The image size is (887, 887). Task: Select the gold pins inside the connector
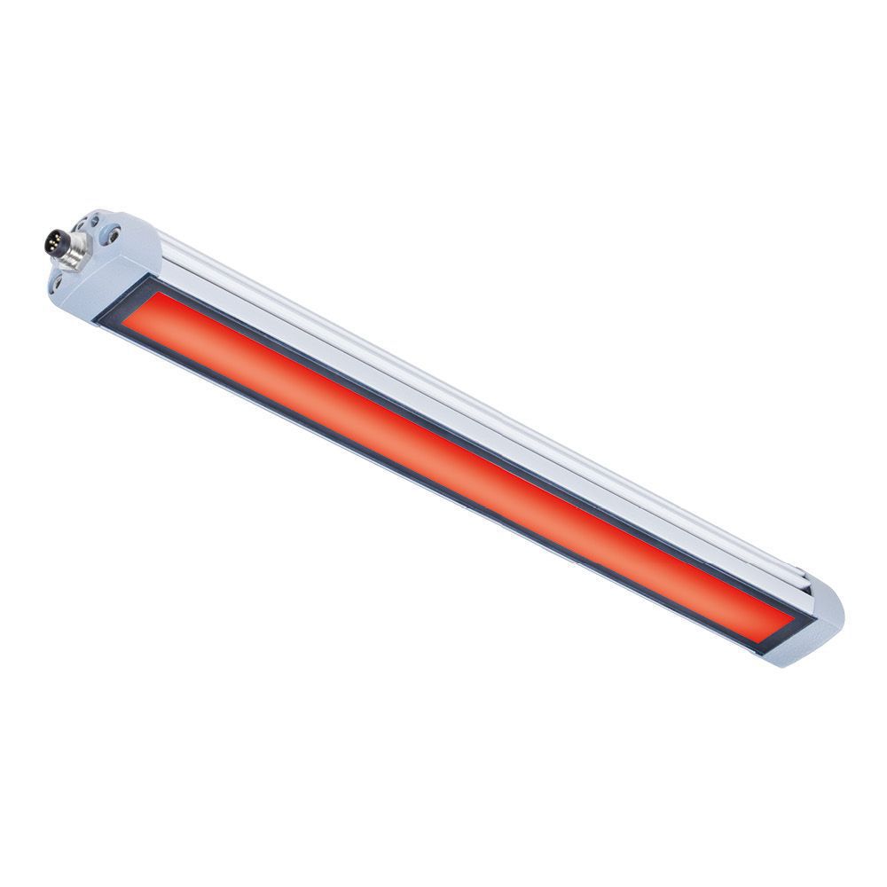(52, 239)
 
